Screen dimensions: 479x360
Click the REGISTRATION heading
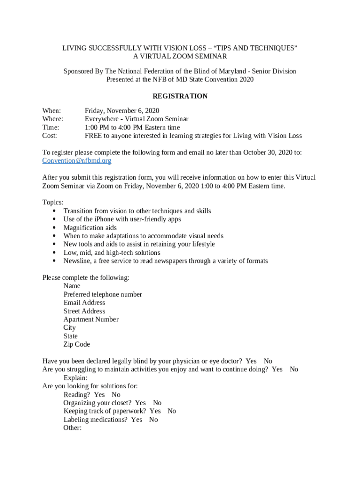pos(180,96)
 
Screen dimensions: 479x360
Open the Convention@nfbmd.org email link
pos(77,161)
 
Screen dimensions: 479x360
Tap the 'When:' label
pos(51,111)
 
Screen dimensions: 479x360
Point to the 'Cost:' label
pos(50,136)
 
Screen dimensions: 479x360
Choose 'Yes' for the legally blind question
pos(251,361)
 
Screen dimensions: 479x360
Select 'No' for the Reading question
pos(116,395)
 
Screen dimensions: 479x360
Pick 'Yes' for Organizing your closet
pos(140,403)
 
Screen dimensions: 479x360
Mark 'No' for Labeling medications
pos(153,420)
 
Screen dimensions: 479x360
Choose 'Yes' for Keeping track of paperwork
pos(155,411)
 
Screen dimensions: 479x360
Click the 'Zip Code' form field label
pos(77,345)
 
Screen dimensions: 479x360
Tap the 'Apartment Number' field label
pos(91,319)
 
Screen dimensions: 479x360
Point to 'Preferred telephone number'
pos(103,295)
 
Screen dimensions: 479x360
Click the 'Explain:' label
pos(75,378)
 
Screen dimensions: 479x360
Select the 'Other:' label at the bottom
pos(72,428)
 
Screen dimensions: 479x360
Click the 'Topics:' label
pos(53,203)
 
